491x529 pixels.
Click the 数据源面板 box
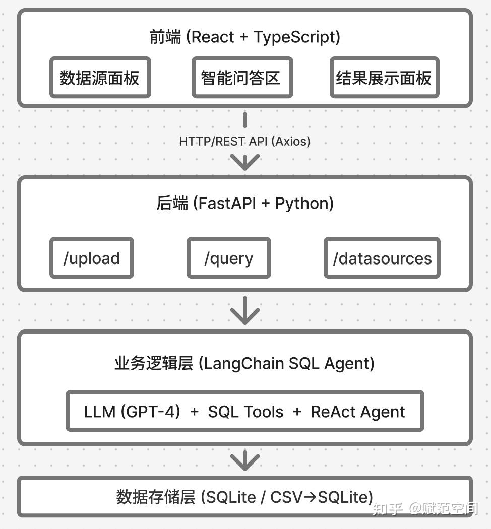(x=100, y=78)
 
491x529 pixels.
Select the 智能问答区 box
(x=241, y=78)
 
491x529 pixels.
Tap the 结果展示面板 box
(x=384, y=78)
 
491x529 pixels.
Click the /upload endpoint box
(x=91, y=258)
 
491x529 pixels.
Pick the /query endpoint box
(x=228, y=258)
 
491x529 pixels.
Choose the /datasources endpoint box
(x=382, y=258)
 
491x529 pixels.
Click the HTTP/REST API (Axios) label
(x=244, y=141)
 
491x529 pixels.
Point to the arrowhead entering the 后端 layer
(x=245, y=162)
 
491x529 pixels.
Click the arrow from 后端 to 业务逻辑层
(x=245, y=310)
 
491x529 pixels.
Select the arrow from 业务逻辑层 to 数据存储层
(x=245, y=460)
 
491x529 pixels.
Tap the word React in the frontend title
(x=213, y=37)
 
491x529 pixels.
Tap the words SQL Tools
(x=245, y=411)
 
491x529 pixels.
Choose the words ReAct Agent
(x=357, y=411)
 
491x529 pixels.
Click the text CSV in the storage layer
(x=286, y=497)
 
